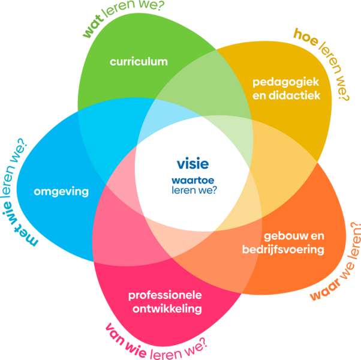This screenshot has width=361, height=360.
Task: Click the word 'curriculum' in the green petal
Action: click(139, 62)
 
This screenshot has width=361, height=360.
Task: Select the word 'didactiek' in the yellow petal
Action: click(295, 95)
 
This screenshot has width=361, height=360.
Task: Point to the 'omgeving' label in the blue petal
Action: click(61, 192)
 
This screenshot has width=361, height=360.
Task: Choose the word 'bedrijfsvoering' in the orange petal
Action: click(283, 249)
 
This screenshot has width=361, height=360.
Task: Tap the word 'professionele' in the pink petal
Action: click(165, 296)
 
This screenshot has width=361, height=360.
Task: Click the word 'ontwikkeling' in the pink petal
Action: click(165, 310)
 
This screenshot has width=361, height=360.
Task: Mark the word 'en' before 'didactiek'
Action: click(260, 95)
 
